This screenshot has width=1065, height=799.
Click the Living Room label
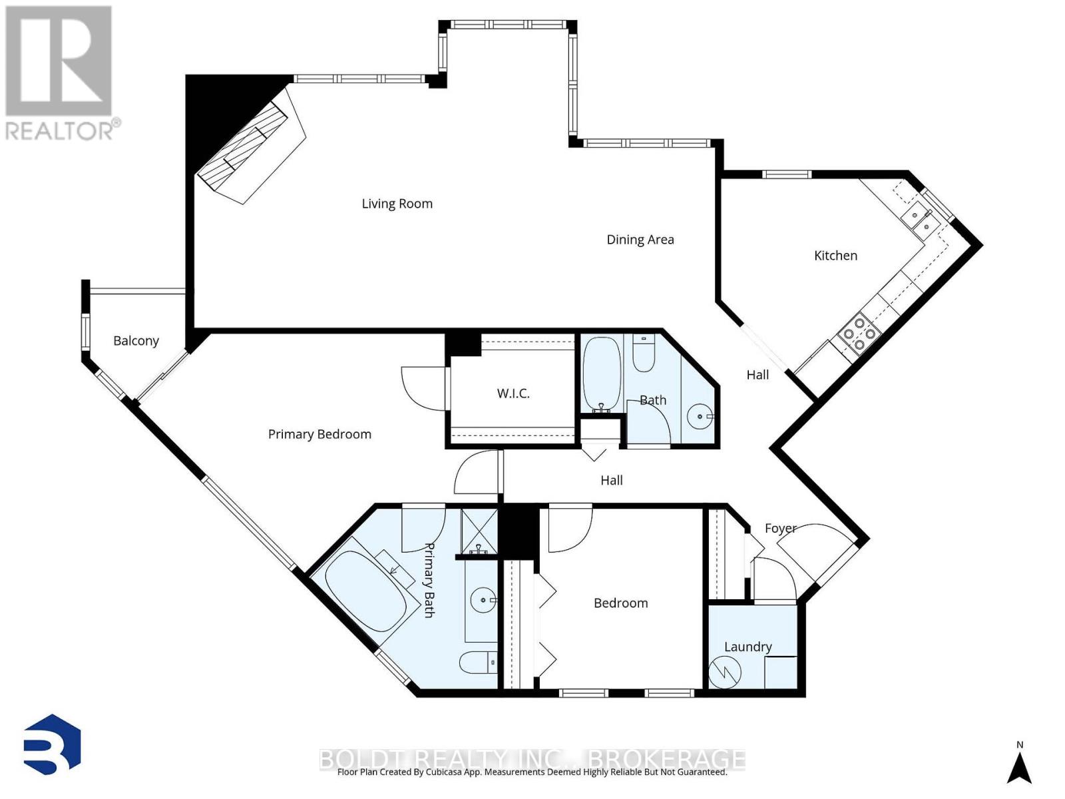pos(397,204)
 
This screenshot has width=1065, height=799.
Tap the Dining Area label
pos(640,240)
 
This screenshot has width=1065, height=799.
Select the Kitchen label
pos(835,256)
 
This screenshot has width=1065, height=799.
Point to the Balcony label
pos(136,341)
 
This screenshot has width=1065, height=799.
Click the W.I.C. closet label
pos(513,394)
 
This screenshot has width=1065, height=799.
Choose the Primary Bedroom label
pos(319,434)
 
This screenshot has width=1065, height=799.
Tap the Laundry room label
pos(747,647)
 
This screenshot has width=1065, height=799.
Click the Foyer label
pos(781,528)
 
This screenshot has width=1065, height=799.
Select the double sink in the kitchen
pos(919,221)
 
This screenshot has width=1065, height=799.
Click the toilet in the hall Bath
pos(644,353)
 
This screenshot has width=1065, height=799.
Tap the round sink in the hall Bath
pos(700,416)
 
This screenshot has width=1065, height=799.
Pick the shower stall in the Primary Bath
pos(479,531)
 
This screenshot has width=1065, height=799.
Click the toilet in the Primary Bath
pos(479,663)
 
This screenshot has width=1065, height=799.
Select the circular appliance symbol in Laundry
pos(725,673)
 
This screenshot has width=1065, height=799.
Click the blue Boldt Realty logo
pos(51,744)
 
